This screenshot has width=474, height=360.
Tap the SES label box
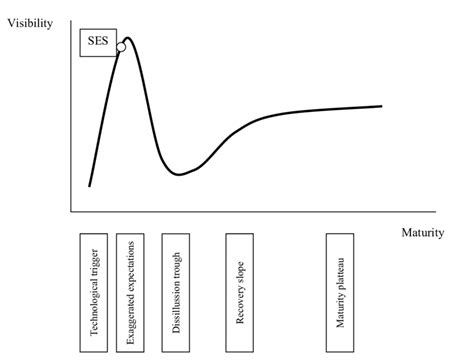pyautogui.click(x=99, y=42)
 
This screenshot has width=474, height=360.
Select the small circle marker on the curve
pyautogui.click(x=120, y=47)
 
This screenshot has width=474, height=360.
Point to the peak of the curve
pyautogui.click(x=128, y=37)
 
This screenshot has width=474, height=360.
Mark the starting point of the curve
pyautogui.click(x=89, y=185)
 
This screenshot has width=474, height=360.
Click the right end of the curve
pyautogui.click(x=382, y=105)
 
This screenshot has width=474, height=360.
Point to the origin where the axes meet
pyautogui.click(x=71, y=211)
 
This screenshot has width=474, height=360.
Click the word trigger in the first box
pyautogui.click(x=95, y=259)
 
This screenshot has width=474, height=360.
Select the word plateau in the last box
pyautogui.click(x=341, y=261)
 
